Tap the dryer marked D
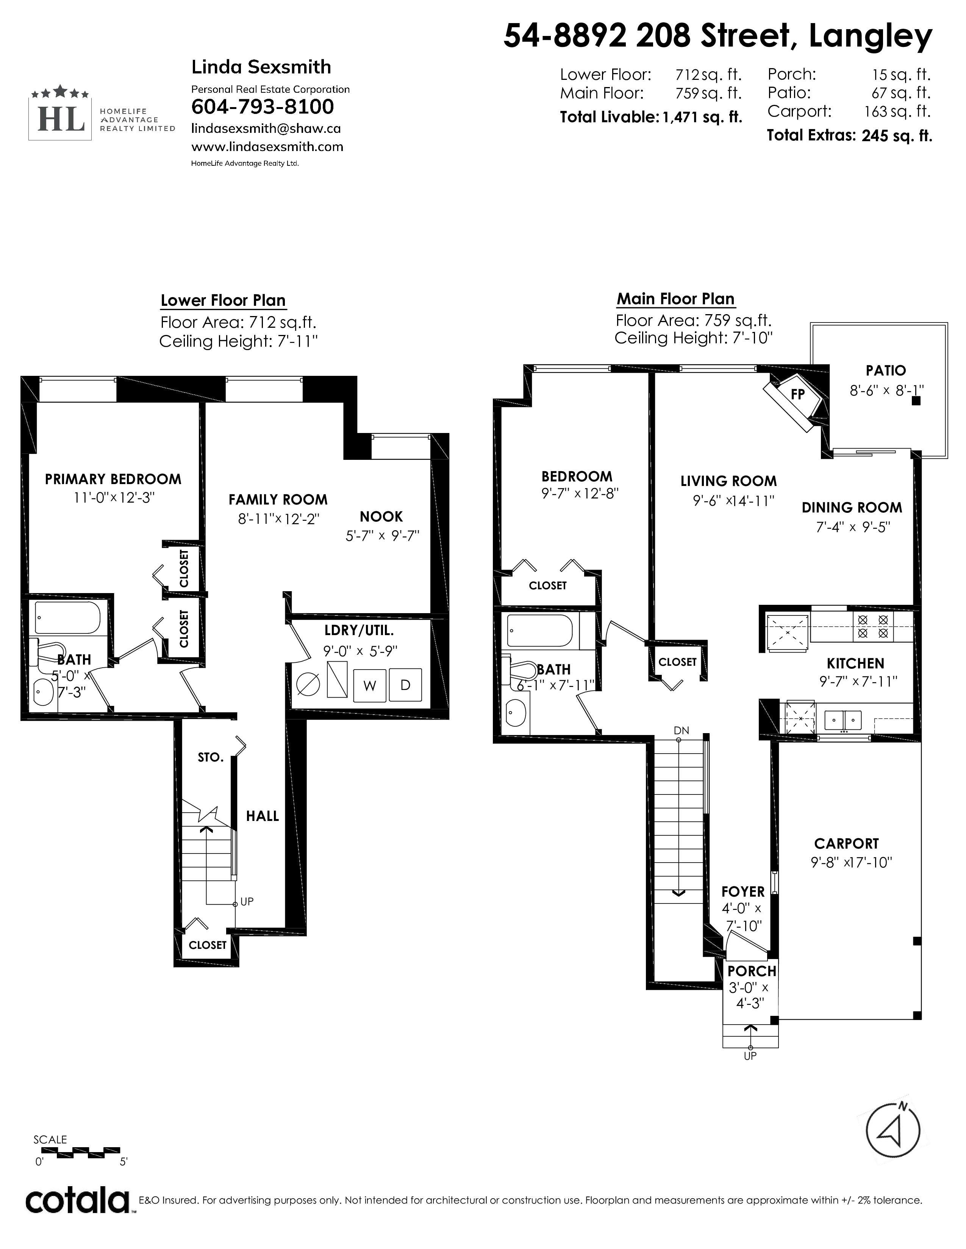coord(405,685)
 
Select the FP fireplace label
coord(798,394)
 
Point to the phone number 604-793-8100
coord(263,107)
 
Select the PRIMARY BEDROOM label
coord(113,479)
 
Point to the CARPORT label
coord(846,844)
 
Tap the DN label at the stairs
coord(682,730)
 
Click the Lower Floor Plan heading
coord(223,300)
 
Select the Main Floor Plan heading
coord(675,299)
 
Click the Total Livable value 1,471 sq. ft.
coord(702,117)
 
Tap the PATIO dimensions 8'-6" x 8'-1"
coord(886,391)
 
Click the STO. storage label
coord(211,757)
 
